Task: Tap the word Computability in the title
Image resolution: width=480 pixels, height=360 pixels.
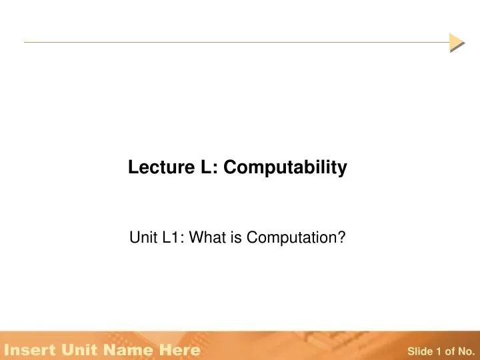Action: (x=285, y=169)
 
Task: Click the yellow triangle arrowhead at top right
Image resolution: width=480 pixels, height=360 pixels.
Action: (x=456, y=42)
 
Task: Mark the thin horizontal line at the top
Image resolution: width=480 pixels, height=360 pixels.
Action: (x=233, y=42)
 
